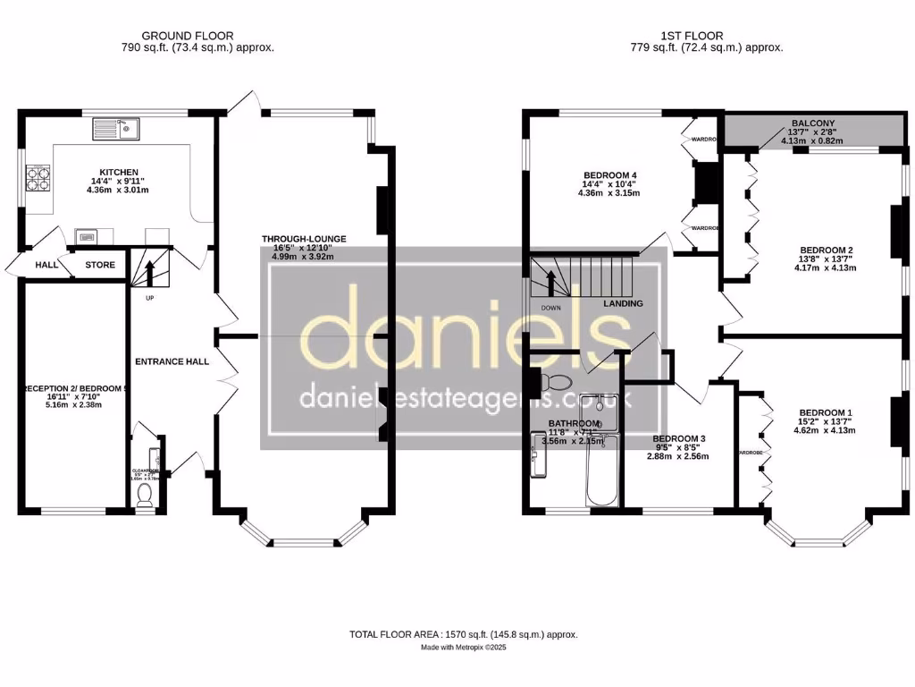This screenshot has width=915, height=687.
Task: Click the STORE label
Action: coord(100,265)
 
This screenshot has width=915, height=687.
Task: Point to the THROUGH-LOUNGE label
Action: coord(304,239)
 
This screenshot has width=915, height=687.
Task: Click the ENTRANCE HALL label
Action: coord(172,361)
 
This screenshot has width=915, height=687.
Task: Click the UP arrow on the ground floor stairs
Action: coord(150,270)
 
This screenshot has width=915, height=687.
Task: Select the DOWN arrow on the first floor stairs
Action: coord(550,281)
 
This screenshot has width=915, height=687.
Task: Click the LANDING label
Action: coord(623,303)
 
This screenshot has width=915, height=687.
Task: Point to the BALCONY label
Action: coord(812,124)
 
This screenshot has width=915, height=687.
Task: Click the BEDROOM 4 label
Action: coord(610,174)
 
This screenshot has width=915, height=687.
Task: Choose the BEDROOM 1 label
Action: coord(826,412)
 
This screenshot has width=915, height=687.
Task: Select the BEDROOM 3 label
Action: coord(679,438)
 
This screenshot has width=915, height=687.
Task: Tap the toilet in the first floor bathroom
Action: coord(558,383)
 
